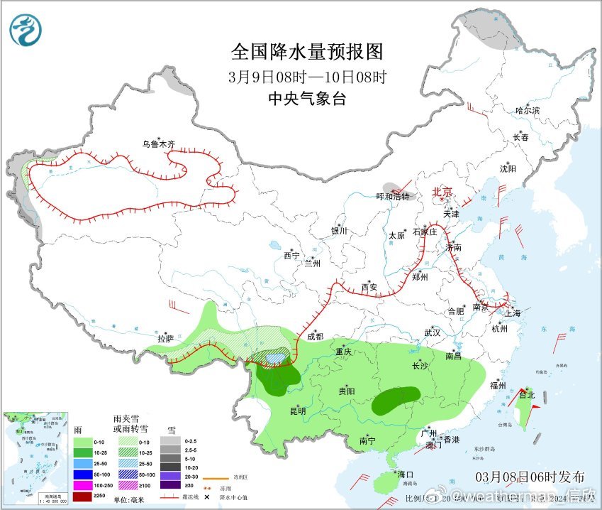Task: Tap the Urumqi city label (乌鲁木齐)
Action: click(157, 144)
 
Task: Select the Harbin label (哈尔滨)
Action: click(528, 110)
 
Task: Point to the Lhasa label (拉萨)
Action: click(165, 339)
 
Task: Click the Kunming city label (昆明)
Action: click(297, 411)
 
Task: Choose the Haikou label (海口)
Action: click(406, 474)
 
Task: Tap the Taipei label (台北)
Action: click(526, 395)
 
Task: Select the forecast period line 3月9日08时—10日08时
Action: click(307, 77)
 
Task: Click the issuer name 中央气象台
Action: click(307, 99)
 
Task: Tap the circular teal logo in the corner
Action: click(26, 30)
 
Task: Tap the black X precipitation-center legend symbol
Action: click(206, 496)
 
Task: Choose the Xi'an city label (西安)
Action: click(369, 288)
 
